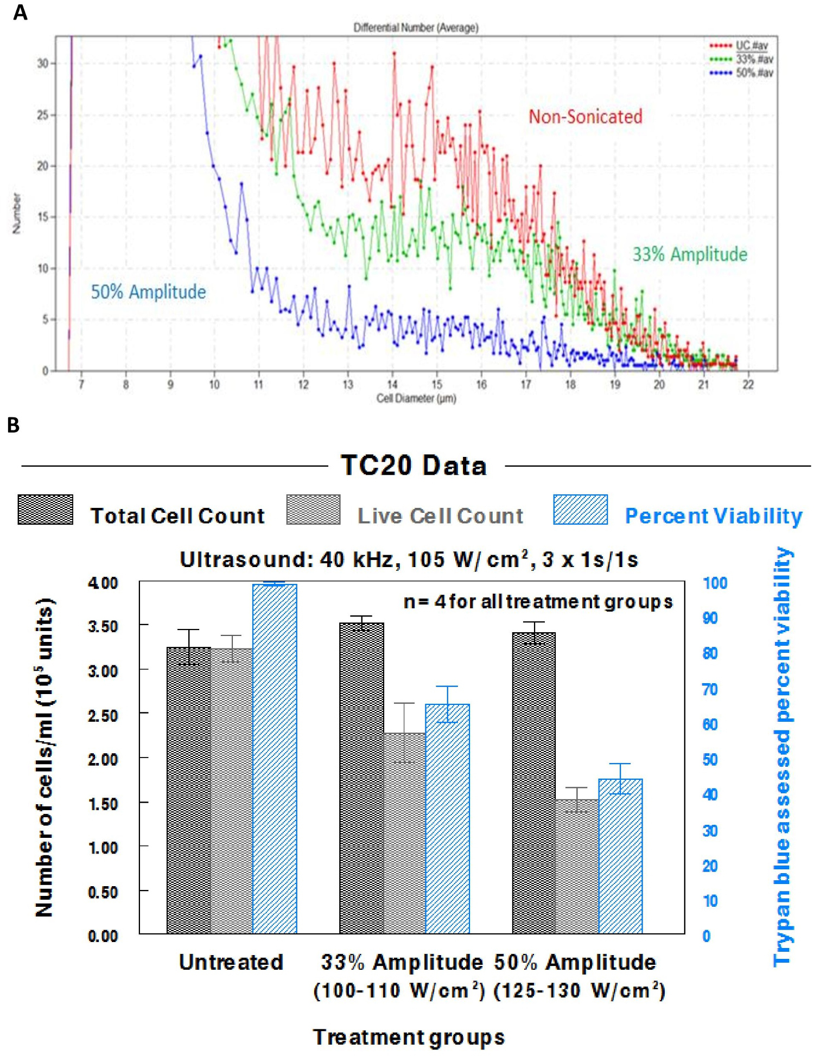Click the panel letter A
coord(20,12)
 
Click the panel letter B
coord(14,425)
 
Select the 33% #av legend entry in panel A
coord(754,59)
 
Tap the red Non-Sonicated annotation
coord(586,117)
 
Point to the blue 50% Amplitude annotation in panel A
coord(148,292)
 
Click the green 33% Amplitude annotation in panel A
coord(690,255)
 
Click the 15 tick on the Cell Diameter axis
coord(437,385)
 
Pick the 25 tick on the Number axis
coord(43,115)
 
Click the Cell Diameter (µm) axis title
coord(416,398)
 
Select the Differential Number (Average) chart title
coord(416,27)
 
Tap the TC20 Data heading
coord(414,466)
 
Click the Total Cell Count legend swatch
coord(46,510)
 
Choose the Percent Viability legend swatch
coord(580,510)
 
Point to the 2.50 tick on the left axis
coord(103,715)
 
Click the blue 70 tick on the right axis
coord(710,689)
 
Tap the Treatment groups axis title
coord(409,1037)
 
